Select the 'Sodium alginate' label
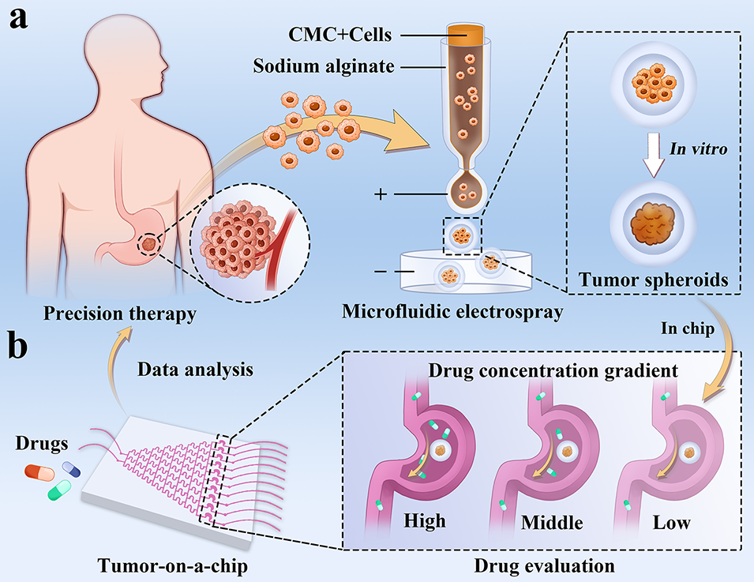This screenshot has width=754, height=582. tap(323, 66)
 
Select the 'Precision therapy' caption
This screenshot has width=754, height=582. tap(108, 314)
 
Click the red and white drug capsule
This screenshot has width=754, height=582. tap(37, 472)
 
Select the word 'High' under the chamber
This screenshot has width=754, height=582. tap(424, 521)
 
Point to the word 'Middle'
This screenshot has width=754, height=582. tap(553, 523)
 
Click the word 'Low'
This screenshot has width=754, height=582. tap(671, 523)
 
